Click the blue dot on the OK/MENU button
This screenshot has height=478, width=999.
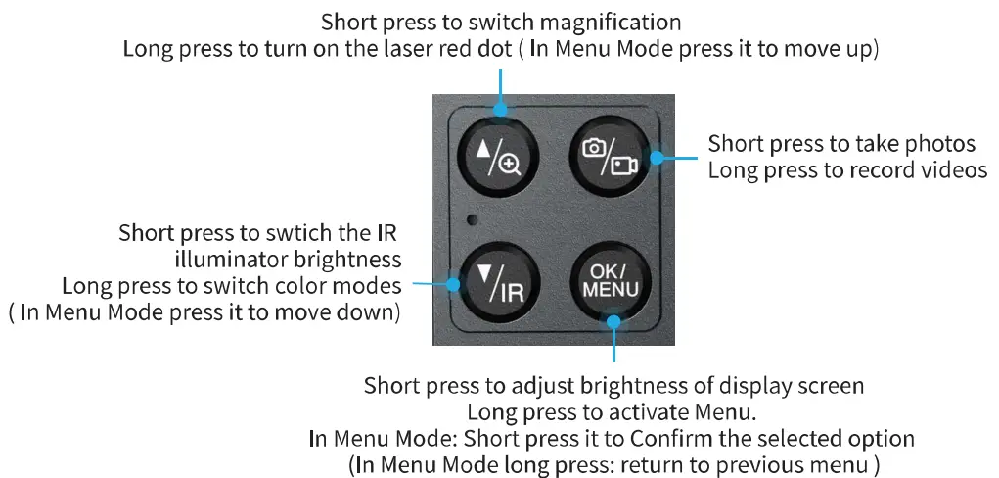[x=614, y=318]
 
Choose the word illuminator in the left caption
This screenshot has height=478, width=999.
[x=222, y=260]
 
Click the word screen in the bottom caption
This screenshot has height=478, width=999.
[x=830, y=385]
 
